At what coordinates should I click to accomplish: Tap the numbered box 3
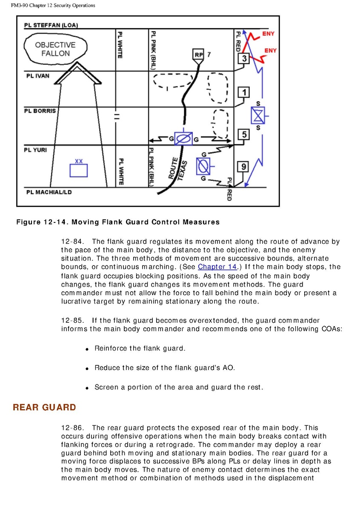point(243,59)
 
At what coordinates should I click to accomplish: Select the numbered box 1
point(243,92)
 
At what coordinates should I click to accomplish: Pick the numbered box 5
point(243,134)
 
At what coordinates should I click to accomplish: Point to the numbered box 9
point(243,167)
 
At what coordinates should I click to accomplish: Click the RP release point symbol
point(199,55)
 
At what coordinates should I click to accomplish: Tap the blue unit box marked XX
point(79,170)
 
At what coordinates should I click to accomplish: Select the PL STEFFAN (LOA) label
point(51,25)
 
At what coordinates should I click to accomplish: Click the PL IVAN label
point(38,76)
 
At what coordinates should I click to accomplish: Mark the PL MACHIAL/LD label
point(49,192)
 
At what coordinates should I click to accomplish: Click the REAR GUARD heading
point(44,407)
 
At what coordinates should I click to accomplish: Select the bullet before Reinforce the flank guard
point(86,349)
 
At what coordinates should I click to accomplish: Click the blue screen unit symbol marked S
point(257,116)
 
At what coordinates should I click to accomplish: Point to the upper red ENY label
point(269,34)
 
